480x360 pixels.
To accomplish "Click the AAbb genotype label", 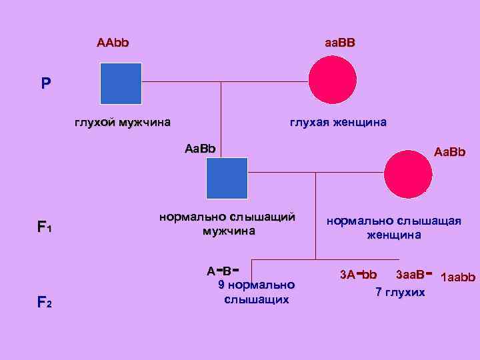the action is (x=113, y=43).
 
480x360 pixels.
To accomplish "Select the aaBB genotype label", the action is (x=340, y=43).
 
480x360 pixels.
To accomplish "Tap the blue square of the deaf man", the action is (x=121, y=83).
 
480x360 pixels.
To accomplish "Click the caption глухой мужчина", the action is (x=122, y=122).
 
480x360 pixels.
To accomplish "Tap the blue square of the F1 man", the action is (x=227, y=178).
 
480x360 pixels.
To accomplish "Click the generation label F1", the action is (x=44, y=227).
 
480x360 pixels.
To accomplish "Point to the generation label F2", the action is (x=44, y=303).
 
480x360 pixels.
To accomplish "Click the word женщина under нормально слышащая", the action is (x=393, y=235).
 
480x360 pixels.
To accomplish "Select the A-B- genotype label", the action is (x=223, y=269).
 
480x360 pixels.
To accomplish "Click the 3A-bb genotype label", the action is (x=358, y=274).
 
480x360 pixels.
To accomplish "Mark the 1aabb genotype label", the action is (x=458, y=276).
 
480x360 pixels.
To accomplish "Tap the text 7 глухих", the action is (x=399, y=293).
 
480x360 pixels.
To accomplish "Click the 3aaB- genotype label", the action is (x=414, y=274).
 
